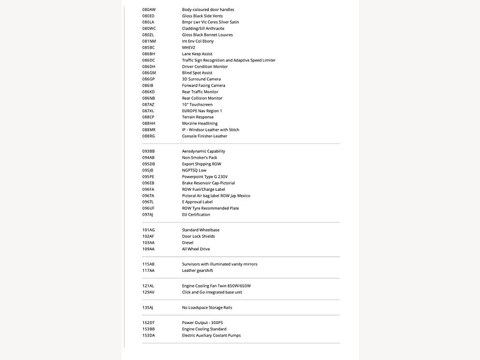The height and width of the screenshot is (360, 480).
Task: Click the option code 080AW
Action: [x=149, y=10]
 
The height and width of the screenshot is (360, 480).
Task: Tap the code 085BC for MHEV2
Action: [x=148, y=47]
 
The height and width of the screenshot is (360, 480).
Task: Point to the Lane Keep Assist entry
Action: [x=197, y=54]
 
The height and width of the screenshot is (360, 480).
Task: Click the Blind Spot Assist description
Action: [x=197, y=73]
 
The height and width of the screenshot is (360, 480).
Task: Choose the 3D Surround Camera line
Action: [x=202, y=79]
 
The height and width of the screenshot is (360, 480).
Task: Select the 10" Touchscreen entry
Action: [x=197, y=104]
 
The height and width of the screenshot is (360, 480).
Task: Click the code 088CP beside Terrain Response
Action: [x=148, y=117]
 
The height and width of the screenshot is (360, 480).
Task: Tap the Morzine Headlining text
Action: [x=200, y=124]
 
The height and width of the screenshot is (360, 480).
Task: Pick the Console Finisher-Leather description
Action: [x=205, y=136]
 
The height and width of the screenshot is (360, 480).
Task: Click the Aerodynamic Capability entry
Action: [x=203, y=151]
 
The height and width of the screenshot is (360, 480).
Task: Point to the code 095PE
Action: [x=148, y=177]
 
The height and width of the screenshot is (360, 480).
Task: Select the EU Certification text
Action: [x=196, y=215]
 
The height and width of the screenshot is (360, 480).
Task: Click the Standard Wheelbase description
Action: [x=201, y=230]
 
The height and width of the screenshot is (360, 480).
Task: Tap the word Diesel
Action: [x=188, y=242]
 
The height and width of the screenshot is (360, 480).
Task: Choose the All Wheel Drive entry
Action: [x=196, y=249]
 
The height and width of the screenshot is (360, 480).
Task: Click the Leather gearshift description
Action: [x=197, y=271]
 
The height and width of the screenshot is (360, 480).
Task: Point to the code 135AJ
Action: [x=148, y=308]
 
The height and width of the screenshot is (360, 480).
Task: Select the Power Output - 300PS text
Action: [x=203, y=323]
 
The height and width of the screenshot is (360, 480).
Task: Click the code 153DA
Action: [x=148, y=335]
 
